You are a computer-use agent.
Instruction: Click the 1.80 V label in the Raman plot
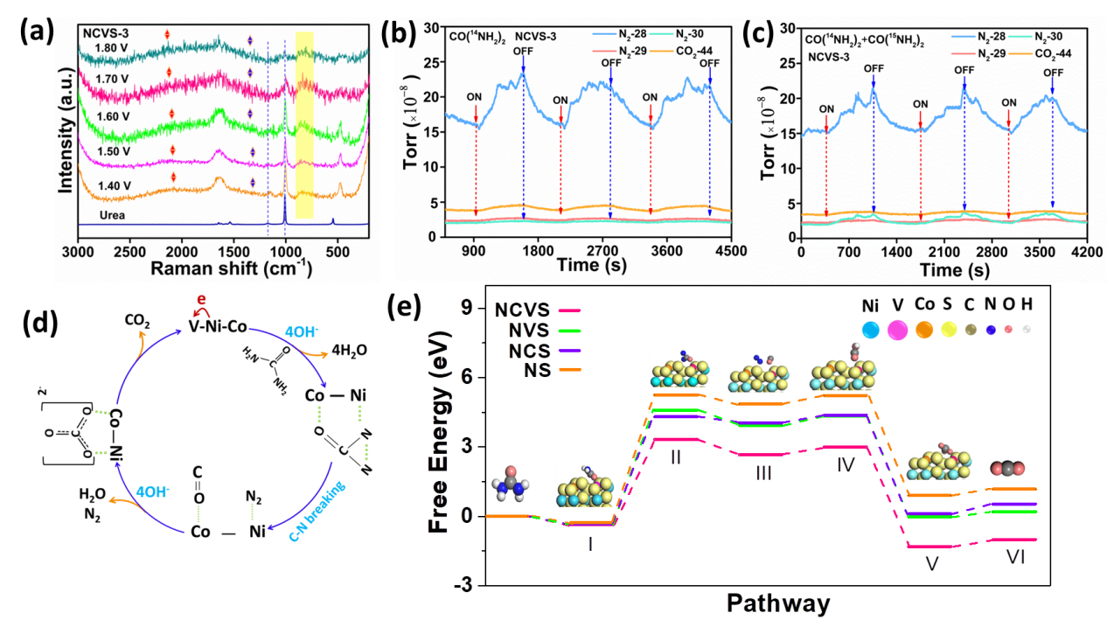tap(112, 49)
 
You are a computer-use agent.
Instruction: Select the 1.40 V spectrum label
tap(112, 185)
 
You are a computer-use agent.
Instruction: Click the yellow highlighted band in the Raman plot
tap(304, 122)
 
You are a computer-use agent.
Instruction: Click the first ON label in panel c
tap(826, 108)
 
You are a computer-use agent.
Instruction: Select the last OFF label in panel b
tap(709, 63)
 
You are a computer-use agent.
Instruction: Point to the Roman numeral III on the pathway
tap(762, 472)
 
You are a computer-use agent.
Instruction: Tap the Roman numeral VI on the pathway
tap(1014, 557)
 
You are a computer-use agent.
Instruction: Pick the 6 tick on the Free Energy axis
tap(468, 374)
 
